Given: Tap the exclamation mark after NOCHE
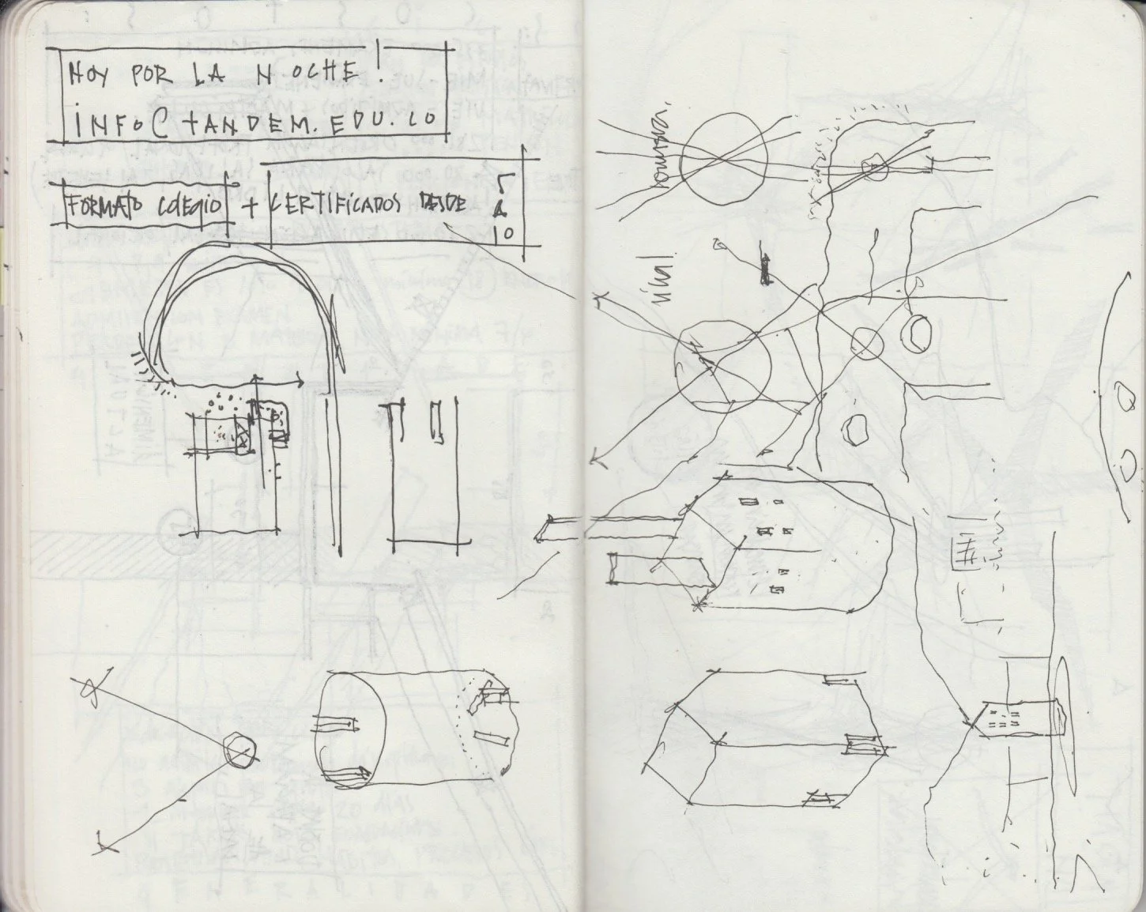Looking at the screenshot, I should click(379, 65).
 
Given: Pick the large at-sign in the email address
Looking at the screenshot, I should click(159, 124).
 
